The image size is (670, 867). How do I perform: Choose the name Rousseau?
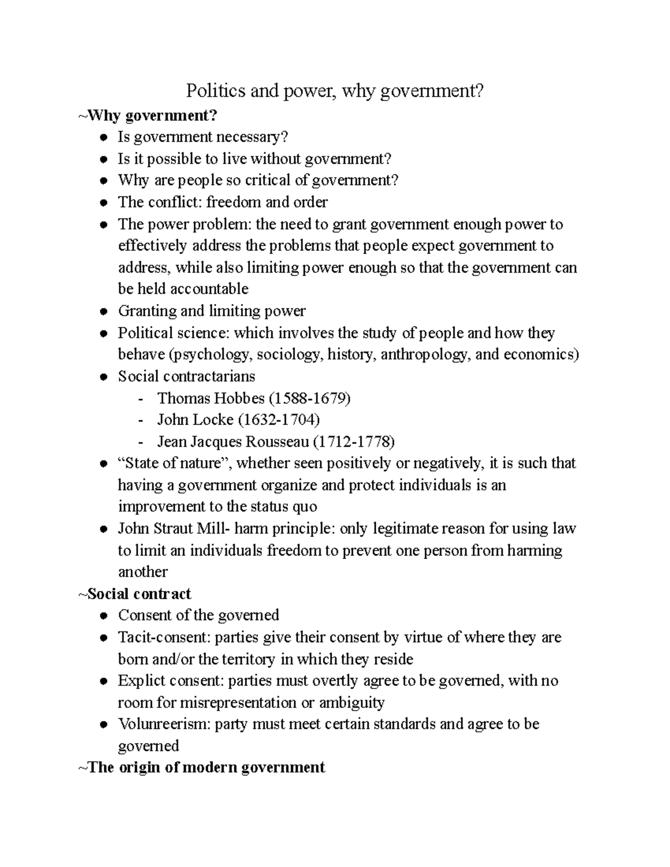tap(276, 442)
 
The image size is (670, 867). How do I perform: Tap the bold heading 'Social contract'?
tap(140, 593)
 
